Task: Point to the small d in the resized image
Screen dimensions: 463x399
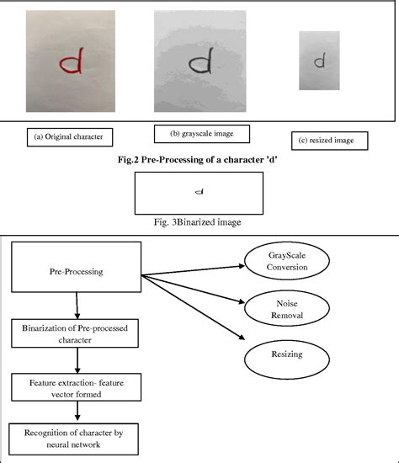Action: [319, 61]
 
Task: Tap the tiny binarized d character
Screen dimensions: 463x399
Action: [199, 191]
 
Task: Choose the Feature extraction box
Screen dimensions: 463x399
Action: [77, 388]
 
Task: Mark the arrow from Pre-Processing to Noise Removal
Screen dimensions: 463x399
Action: [194, 287]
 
